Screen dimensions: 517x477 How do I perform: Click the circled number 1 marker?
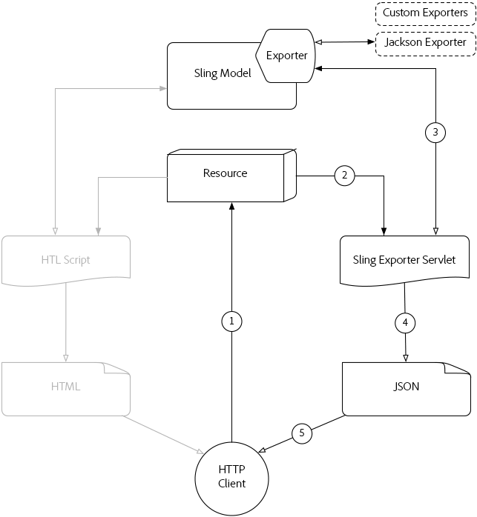232,321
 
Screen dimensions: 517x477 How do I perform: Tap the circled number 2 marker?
344,176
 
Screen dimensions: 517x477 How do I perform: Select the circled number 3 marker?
435,133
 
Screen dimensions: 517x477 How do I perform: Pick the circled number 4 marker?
405,323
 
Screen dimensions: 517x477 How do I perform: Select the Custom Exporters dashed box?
425,13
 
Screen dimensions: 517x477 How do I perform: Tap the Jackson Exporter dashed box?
425,42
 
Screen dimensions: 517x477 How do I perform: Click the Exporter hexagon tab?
286,55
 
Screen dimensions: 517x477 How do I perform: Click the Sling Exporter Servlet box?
404,261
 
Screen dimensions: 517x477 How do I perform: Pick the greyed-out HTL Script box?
66,261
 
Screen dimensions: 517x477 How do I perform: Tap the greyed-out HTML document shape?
66,387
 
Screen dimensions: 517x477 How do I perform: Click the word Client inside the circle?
231,484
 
